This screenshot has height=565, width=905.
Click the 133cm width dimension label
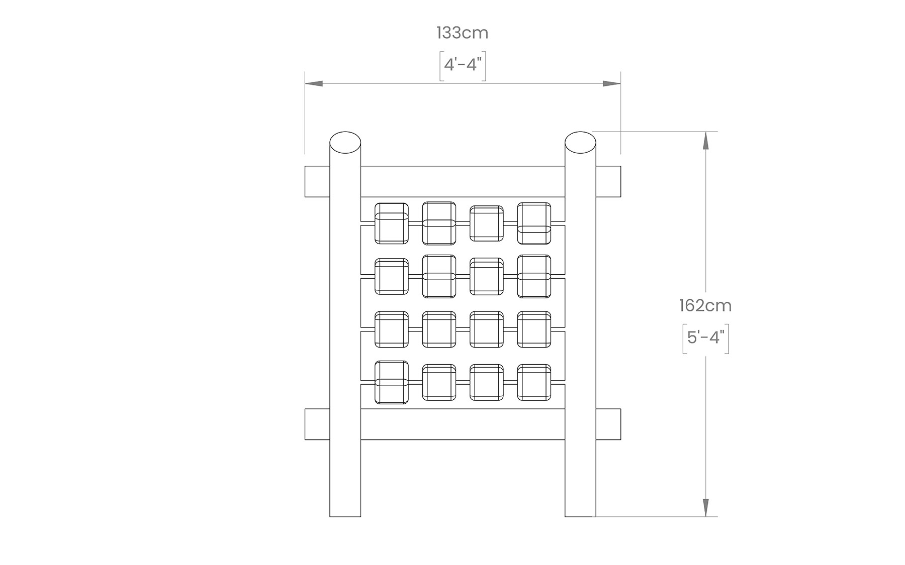463,33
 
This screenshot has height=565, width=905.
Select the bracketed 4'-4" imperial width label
463,65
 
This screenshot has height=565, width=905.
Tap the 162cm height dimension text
705,305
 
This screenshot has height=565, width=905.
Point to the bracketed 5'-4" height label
705,337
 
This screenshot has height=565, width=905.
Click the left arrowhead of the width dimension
314,84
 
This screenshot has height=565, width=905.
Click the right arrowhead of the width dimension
612,84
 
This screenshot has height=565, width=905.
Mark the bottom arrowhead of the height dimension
705,508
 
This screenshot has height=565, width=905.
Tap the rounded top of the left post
345,141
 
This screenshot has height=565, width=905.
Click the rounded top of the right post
580,141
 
